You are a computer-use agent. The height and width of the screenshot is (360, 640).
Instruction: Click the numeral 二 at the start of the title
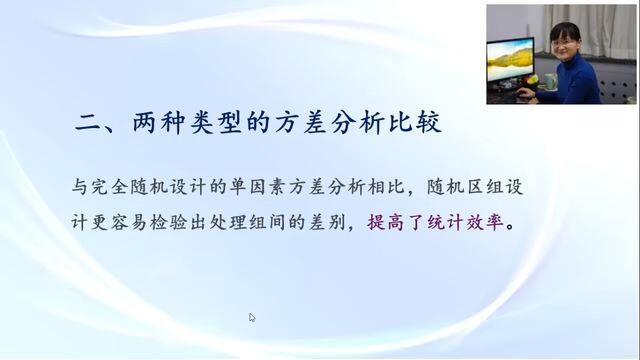tap(87, 122)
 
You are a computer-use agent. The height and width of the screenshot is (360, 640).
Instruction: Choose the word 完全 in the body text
tap(110, 187)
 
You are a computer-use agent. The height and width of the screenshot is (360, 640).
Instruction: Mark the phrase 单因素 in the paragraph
tap(258, 187)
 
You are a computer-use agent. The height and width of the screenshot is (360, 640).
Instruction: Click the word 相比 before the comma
tap(386, 187)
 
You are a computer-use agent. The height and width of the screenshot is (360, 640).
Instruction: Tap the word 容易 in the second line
tap(129, 222)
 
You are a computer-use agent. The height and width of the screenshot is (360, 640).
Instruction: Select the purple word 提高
tap(385, 222)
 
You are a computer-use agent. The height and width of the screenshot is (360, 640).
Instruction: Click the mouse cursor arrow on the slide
tap(251, 317)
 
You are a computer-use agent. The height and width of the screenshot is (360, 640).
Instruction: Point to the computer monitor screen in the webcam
tap(510, 59)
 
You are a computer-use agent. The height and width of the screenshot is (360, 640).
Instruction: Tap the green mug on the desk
tap(550, 81)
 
